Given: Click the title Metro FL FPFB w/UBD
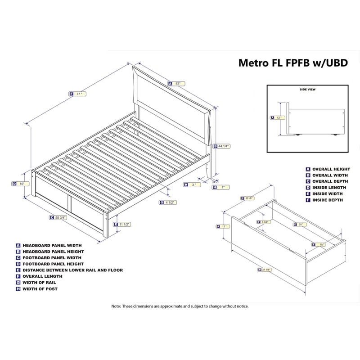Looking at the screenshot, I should click(292, 63).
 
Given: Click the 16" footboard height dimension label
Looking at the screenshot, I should click(21, 184).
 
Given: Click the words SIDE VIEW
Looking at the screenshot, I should click(308, 90).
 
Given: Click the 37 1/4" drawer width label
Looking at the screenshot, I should click(265, 270).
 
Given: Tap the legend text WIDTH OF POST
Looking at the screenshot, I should click(40, 289).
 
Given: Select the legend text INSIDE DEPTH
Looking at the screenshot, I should click(328, 200).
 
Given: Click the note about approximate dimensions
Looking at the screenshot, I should click(180, 306).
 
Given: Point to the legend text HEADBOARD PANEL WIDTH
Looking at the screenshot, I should click(53, 245).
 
